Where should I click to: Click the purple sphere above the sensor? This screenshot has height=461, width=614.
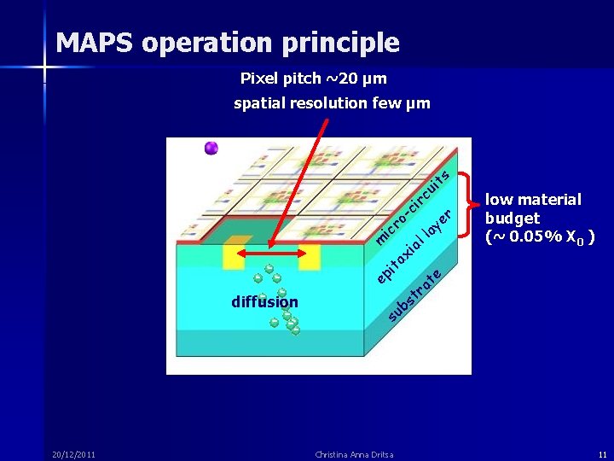(211, 149)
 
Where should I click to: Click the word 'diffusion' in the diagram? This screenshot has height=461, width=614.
(264, 302)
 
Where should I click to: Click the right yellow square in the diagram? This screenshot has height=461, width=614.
(309, 256)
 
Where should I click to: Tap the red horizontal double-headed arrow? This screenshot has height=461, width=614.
(272, 254)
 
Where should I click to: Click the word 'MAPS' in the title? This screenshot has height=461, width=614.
(95, 42)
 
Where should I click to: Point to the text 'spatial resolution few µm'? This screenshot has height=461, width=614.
(332, 104)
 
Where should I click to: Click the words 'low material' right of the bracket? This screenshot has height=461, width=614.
(533, 200)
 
